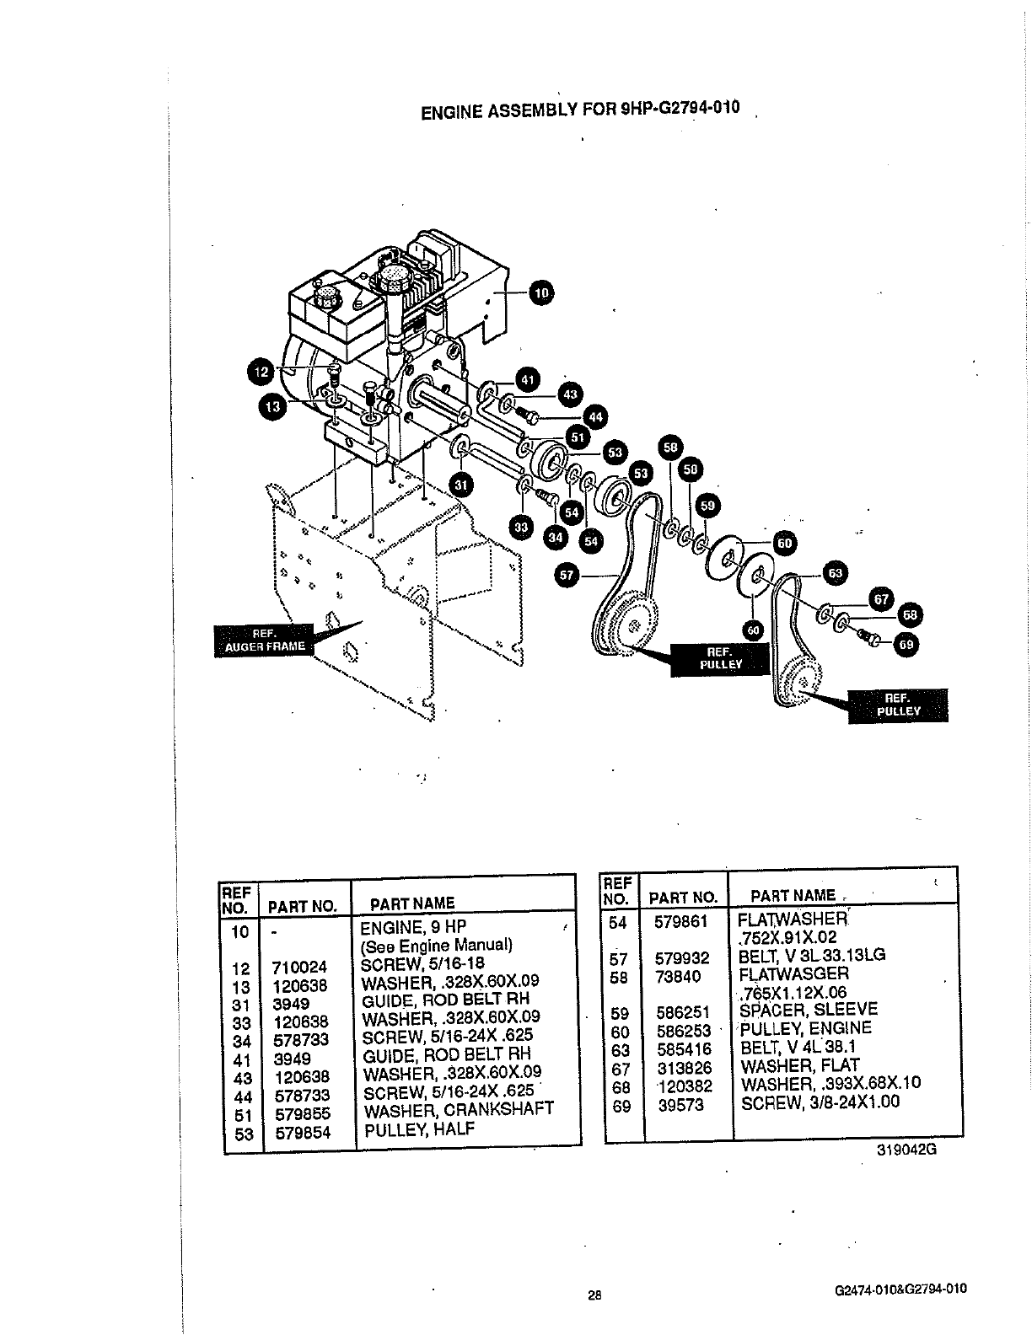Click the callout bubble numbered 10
(540, 292)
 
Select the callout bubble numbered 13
(271, 407)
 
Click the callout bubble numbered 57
(567, 576)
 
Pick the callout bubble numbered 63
(835, 574)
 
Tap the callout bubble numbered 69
(906, 646)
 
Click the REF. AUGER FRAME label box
(263, 641)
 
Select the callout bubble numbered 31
(460, 484)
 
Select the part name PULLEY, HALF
(417, 1129)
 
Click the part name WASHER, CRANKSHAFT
(458, 1110)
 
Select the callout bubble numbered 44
(596, 417)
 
